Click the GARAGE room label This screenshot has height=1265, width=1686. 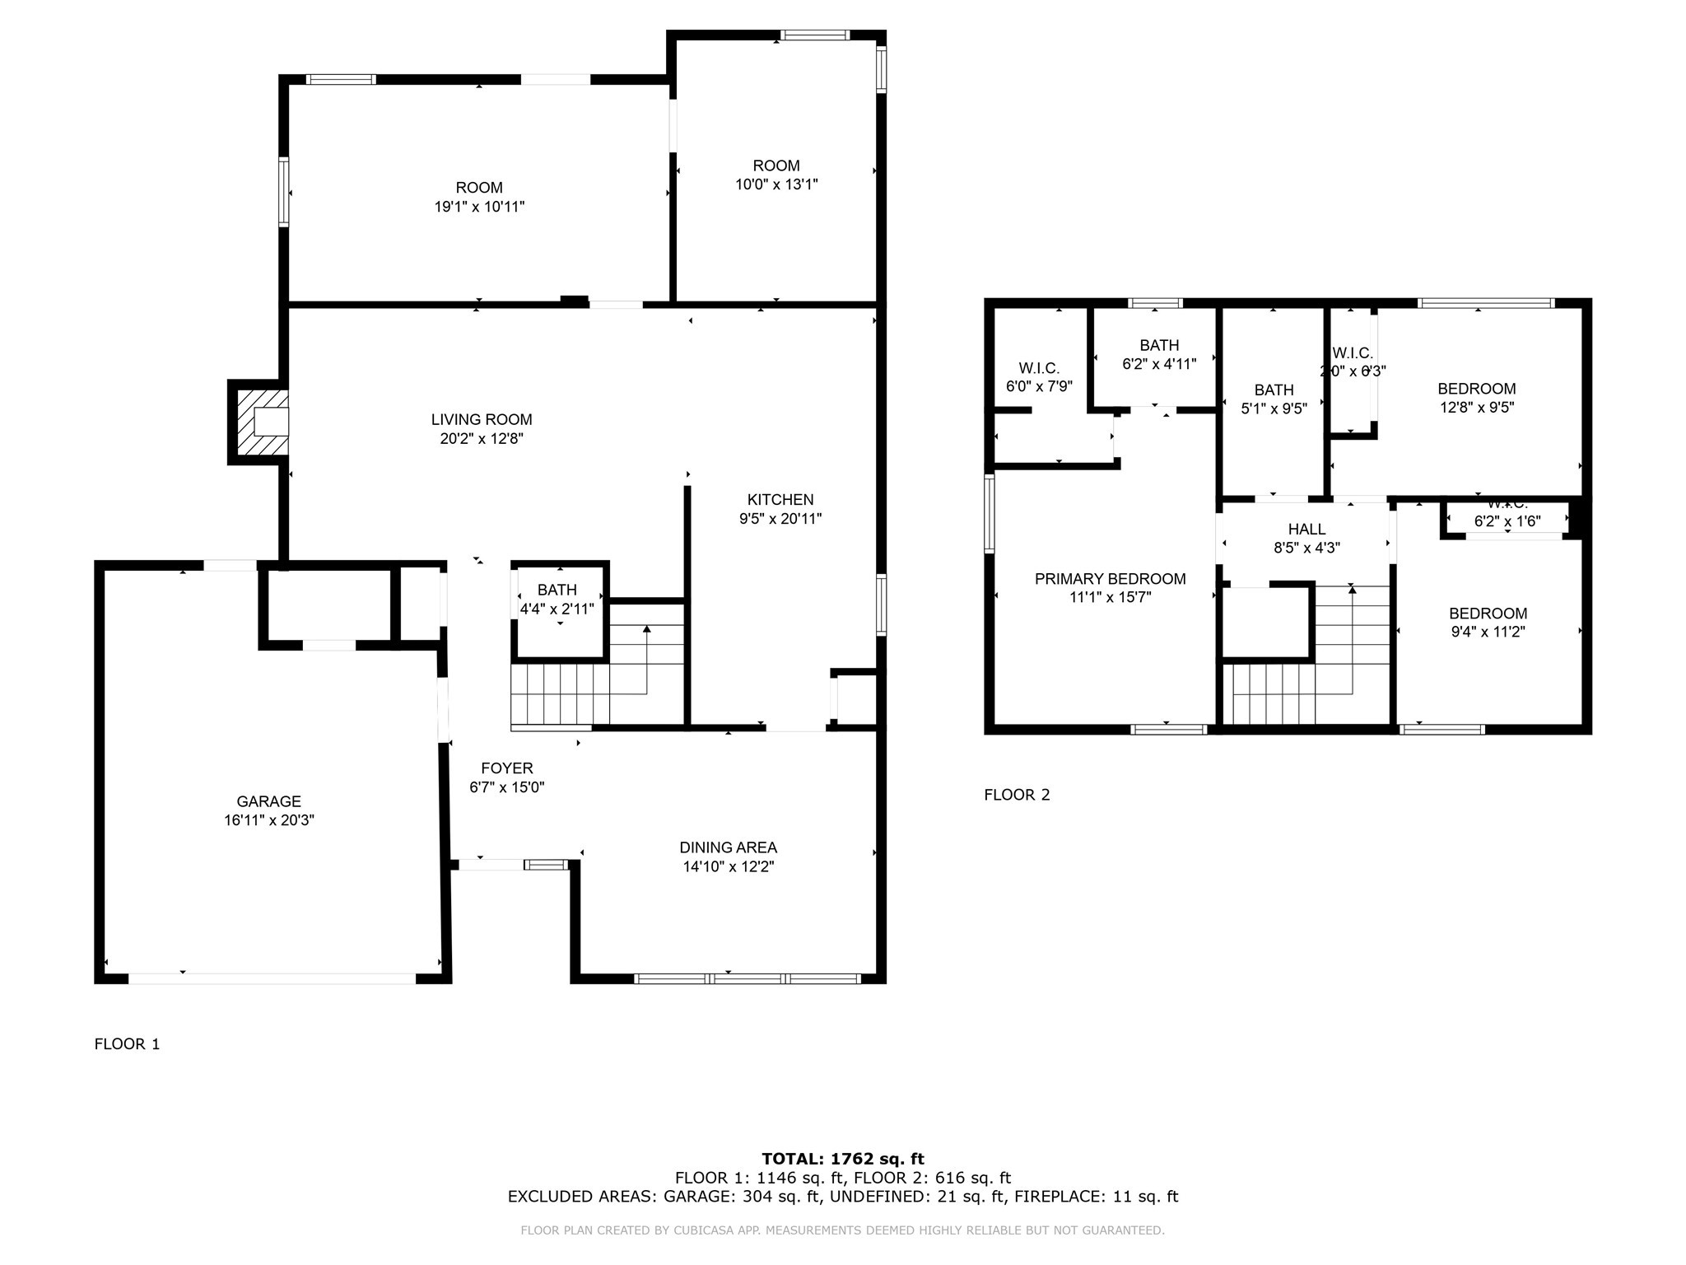(268, 801)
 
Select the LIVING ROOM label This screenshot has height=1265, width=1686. (482, 420)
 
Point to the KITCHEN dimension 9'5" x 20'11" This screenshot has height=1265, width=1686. (780, 519)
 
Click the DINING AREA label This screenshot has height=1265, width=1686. (728, 847)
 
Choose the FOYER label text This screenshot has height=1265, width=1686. (507, 768)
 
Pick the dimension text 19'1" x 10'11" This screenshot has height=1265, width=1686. (479, 207)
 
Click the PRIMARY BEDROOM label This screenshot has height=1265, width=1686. (1110, 579)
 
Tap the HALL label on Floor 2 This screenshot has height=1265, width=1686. (1306, 530)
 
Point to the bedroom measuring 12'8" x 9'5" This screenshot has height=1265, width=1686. (1476, 398)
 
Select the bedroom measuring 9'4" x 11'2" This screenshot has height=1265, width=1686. (1488, 623)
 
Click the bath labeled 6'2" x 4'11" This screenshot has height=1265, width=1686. (1159, 354)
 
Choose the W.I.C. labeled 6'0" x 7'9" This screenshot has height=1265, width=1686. (1039, 376)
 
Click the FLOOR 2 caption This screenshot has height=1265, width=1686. (1017, 795)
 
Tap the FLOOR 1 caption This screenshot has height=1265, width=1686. (127, 1044)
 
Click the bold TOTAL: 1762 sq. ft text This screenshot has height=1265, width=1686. (843, 1160)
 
